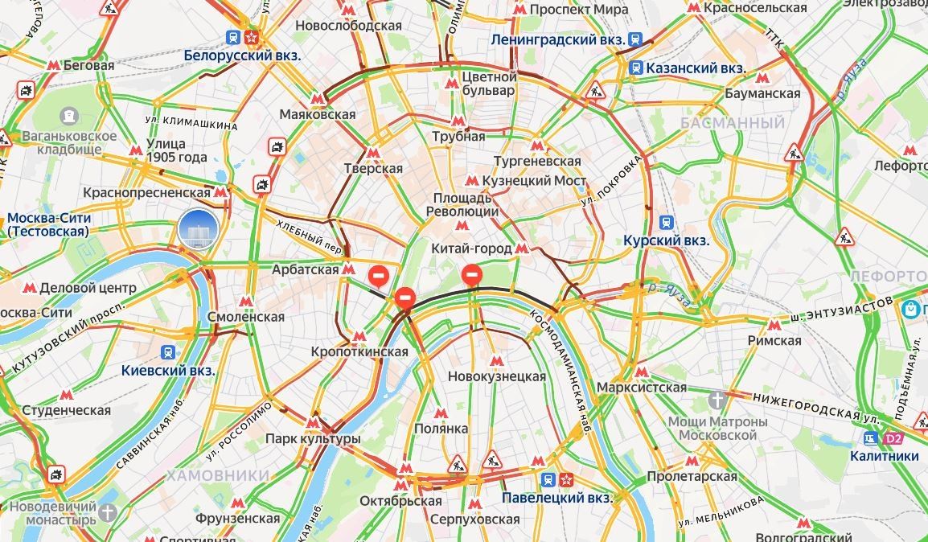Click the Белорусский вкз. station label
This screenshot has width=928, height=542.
point(242,55)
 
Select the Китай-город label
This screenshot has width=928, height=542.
point(471,248)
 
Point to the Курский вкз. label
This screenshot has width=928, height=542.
point(666,240)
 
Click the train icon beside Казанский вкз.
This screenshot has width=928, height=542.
point(636,68)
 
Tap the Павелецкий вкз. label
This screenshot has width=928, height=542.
point(556,498)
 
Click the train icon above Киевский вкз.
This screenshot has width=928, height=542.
point(168,352)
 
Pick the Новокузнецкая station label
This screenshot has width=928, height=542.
point(496,376)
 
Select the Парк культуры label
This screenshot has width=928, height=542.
point(313,439)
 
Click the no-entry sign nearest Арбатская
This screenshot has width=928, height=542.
point(379,277)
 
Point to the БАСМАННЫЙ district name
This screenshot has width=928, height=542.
point(732,123)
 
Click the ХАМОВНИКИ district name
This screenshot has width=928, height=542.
point(218,475)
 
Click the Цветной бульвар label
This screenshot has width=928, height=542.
point(488,84)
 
